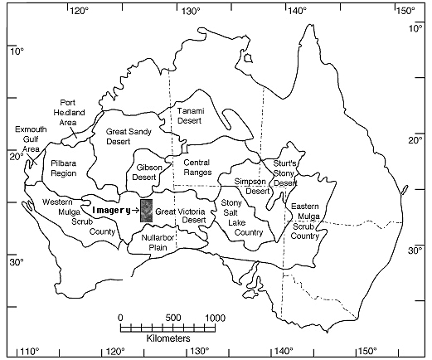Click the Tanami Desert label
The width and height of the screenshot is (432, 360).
click(x=191, y=116)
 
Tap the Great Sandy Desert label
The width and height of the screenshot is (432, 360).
click(x=129, y=136)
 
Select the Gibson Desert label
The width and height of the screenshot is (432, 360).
click(x=148, y=173)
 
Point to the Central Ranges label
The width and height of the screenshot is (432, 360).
click(x=197, y=168)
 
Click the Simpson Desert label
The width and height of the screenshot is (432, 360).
click(x=251, y=186)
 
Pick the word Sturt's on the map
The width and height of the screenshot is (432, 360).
click(x=284, y=163)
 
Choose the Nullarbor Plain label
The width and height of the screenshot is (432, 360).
click(x=158, y=242)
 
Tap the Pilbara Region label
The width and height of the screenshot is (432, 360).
click(x=64, y=168)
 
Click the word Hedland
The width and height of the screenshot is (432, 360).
click(x=69, y=113)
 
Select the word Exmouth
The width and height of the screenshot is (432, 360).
click(x=31, y=129)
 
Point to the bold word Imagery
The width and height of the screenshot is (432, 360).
click(x=111, y=211)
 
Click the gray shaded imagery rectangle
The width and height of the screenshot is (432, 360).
click(x=146, y=211)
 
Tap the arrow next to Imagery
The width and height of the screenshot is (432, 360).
click(x=136, y=211)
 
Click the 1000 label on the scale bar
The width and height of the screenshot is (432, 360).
click(x=216, y=318)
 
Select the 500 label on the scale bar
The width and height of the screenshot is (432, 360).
click(x=173, y=318)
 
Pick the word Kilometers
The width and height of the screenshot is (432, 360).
click(x=168, y=338)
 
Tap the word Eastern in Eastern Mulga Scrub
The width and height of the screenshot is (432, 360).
click(x=305, y=207)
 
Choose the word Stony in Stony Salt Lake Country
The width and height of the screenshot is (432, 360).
click(x=231, y=203)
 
